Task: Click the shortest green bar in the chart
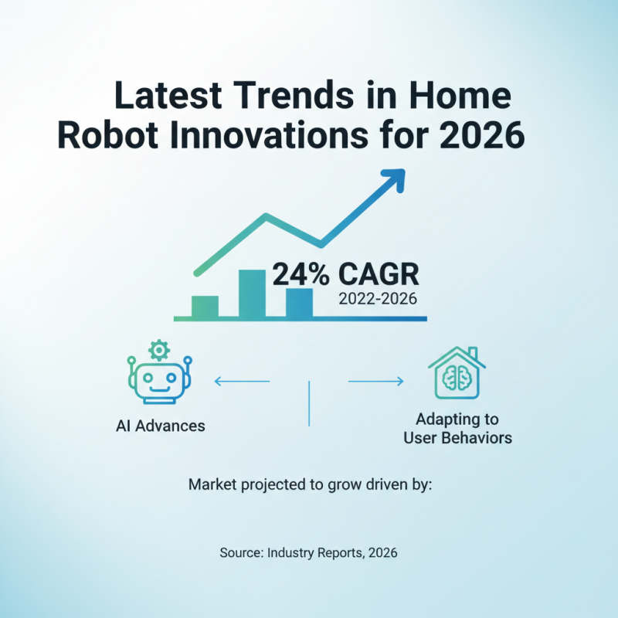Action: [x=205, y=306]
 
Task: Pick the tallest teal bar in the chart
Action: [x=252, y=293]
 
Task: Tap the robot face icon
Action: [x=159, y=381]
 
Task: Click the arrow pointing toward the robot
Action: [x=241, y=381]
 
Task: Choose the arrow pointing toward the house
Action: [x=376, y=381]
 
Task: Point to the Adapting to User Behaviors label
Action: [x=457, y=430]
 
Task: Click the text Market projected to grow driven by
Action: [x=308, y=486]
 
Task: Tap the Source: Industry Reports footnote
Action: [x=308, y=553]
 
